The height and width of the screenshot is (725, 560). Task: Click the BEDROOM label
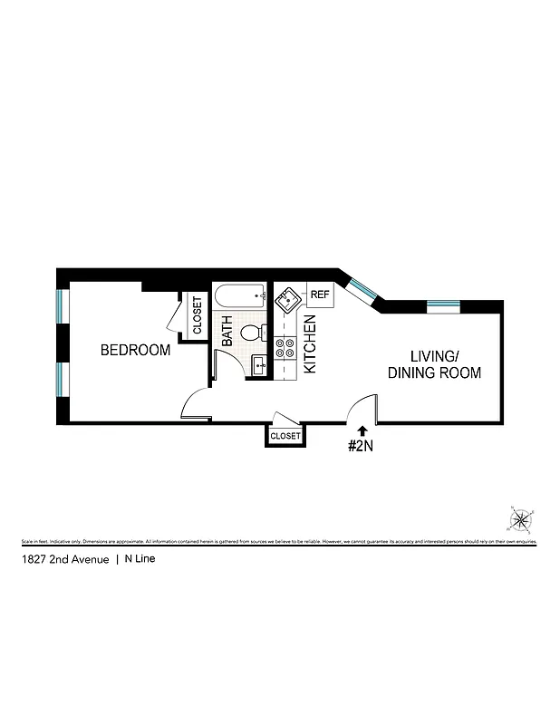[x=135, y=350]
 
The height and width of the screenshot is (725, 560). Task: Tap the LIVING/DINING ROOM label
[x=434, y=363]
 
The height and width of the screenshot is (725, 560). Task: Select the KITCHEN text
[x=309, y=344]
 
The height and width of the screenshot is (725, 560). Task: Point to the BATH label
[x=227, y=331]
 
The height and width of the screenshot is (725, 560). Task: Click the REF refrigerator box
[x=320, y=295]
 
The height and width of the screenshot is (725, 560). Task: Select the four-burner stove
[x=285, y=348]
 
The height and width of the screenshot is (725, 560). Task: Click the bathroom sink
[x=257, y=365]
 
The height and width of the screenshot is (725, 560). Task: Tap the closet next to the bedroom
[x=197, y=314]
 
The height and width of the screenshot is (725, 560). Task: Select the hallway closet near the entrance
[x=285, y=436]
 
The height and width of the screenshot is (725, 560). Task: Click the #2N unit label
[x=362, y=446]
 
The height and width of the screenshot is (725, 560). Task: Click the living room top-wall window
[x=444, y=305]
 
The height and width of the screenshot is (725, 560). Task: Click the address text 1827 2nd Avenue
[x=64, y=560]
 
